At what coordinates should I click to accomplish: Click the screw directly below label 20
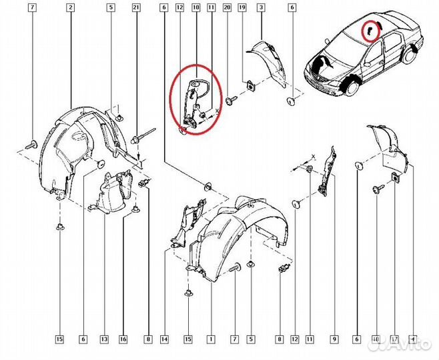coord(231,101)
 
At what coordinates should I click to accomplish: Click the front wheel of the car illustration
coord(348,86)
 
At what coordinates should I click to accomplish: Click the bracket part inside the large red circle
coord(194,100)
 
